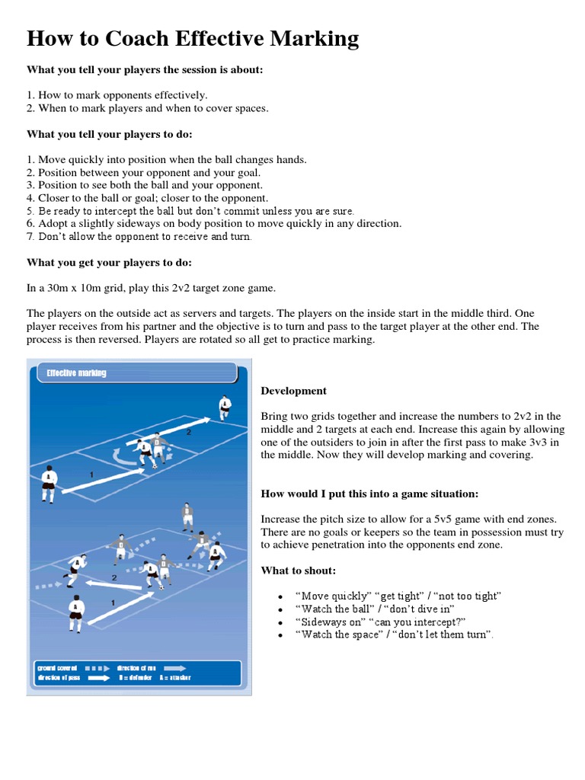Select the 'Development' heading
(293, 391)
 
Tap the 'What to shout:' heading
(298, 571)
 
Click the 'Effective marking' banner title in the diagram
(76, 373)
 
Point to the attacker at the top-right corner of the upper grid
(223, 407)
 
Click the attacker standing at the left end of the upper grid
(48, 482)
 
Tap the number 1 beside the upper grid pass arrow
(91, 475)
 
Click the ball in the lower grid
(161, 587)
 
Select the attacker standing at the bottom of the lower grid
(75, 614)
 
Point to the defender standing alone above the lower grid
(187, 516)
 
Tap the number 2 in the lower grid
(114, 578)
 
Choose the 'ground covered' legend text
(57, 667)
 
